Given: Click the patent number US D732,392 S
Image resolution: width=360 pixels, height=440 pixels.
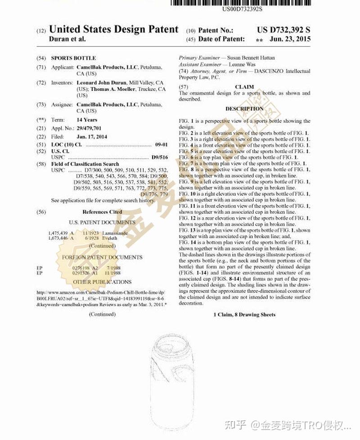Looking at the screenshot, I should click(283, 30).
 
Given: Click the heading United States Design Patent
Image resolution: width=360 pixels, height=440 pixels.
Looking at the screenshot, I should click(113, 30).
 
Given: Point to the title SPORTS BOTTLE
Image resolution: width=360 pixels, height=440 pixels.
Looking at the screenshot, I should click(73, 58).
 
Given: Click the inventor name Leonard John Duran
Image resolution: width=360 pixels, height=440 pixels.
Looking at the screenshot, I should click(102, 83).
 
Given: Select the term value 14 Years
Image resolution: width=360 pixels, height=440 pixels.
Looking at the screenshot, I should click(87, 120).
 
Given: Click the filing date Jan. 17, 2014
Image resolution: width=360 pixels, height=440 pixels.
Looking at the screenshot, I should click(92, 137).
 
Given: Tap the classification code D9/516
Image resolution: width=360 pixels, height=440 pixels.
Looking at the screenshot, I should click(159, 158).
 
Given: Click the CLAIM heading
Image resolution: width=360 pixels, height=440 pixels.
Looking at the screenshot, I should click(244, 87).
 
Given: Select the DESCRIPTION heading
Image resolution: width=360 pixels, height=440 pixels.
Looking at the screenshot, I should click(244, 109).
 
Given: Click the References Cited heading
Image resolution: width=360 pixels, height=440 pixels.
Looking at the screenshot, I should click(102, 211).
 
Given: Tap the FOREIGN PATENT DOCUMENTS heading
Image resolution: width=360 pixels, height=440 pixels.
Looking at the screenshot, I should click(102, 257).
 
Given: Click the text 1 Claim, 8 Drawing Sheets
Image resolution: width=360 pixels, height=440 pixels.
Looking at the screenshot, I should click(244, 314).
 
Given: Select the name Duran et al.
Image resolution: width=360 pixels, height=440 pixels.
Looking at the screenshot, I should click(67, 39).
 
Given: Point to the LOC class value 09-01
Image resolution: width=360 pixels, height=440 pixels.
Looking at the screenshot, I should click(161, 145).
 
